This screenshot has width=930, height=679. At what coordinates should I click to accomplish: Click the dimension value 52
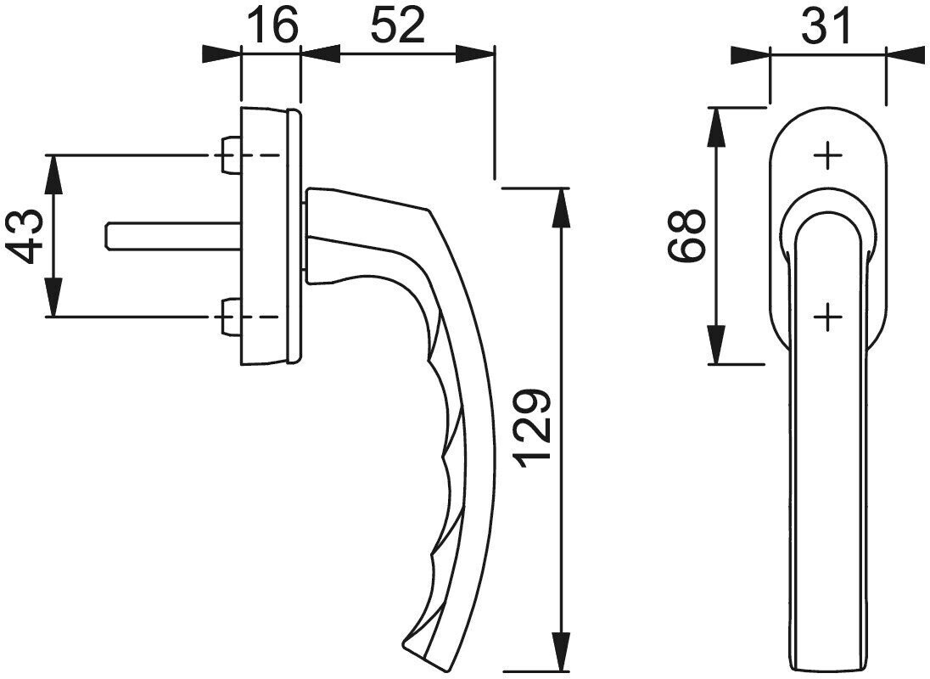click(398, 25)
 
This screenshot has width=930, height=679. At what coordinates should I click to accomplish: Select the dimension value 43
click(28, 237)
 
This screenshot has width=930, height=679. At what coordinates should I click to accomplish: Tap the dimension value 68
click(686, 235)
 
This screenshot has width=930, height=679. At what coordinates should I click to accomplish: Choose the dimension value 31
click(826, 25)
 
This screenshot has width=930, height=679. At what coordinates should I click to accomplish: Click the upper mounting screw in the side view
click(230, 155)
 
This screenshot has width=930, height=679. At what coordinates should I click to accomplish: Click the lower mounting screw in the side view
click(230, 317)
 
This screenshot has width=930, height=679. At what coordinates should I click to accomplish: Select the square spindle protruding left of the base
click(173, 236)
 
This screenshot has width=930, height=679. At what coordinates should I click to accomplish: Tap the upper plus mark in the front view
click(827, 156)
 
